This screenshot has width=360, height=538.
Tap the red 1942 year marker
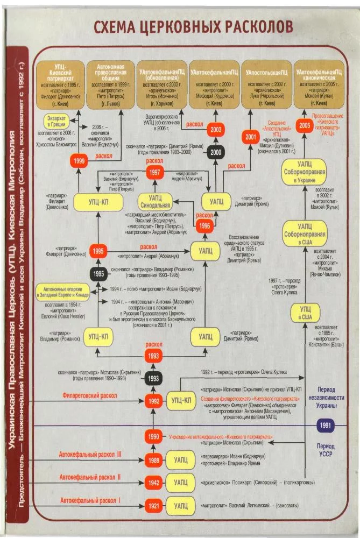[x=154, y=483]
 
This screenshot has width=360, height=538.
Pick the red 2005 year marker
[x=305, y=125]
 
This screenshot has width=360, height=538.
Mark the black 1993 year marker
[x=154, y=378]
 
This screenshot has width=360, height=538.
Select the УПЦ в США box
[x=305, y=313]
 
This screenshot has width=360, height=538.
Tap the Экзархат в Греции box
[x=61, y=121]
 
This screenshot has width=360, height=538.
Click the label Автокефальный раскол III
[x=90, y=455]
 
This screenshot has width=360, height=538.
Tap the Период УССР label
[x=326, y=450]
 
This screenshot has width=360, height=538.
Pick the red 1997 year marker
[x=154, y=172]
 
